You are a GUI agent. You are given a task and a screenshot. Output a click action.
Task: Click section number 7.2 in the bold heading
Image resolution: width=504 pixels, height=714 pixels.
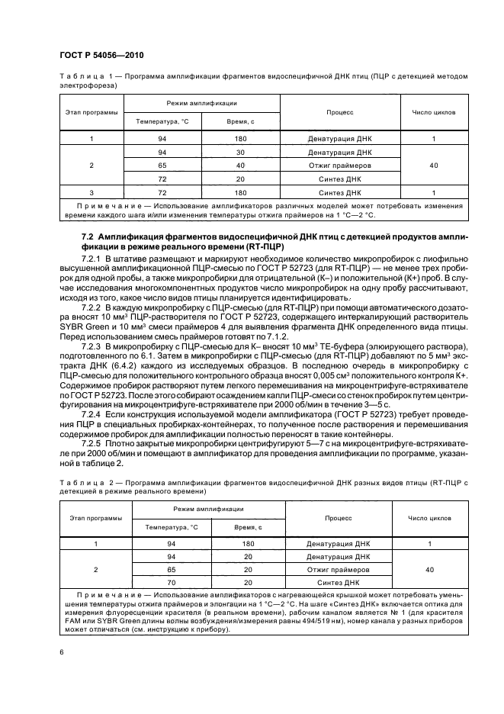tap(90, 238)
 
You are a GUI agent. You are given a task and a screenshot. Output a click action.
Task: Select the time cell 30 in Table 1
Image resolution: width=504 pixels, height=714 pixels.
tap(240, 152)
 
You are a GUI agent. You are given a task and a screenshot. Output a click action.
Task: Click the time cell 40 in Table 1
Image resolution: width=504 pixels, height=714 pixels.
tap(240, 166)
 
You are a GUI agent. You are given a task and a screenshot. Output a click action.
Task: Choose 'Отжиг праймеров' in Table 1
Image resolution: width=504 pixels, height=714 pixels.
tap(340, 166)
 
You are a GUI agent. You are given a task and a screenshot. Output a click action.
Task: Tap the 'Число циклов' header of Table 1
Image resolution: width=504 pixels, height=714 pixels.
tap(434, 112)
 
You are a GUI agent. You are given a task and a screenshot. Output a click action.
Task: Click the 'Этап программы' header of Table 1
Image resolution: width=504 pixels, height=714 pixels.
tap(91, 112)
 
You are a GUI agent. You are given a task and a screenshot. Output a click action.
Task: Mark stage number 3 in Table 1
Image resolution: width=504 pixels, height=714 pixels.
tap(91, 192)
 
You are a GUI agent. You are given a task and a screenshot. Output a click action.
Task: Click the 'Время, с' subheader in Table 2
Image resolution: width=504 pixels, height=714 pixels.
tap(248, 527)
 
